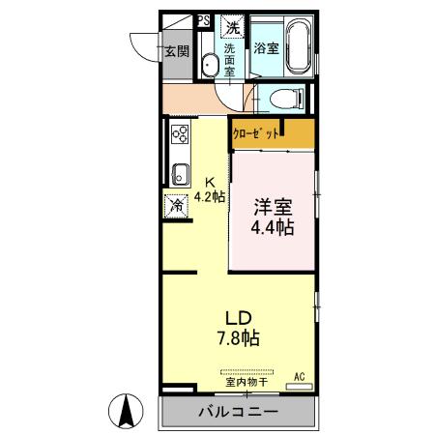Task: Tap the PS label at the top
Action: (203, 18)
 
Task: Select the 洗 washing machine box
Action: (233, 25)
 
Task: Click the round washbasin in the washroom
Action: (209, 66)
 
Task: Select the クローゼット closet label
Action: (258, 132)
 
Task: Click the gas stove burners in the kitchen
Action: (179, 135)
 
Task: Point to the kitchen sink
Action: (179, 175)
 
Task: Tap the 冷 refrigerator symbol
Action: (177, 205)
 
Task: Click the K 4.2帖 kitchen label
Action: (210, 188)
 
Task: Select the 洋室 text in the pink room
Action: (272, 207)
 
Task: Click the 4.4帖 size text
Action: (272, 228)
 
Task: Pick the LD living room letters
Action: (239, 318)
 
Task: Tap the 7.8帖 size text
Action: (239, 338)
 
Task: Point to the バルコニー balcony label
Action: (239, 412)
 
